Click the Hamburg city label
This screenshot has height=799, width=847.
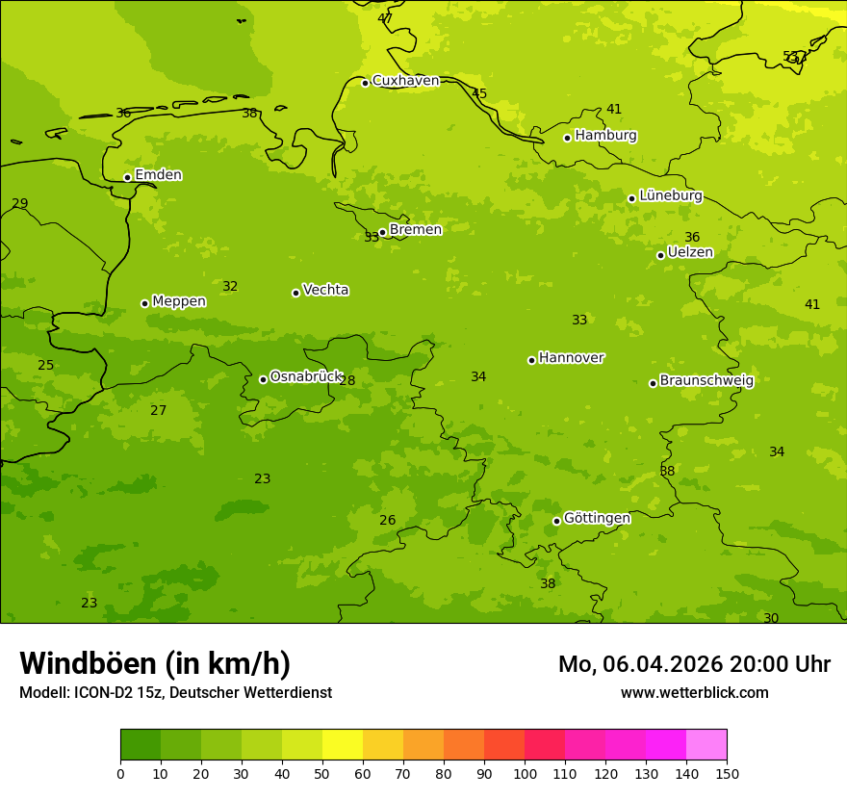pyautogui.click(x=605, y=136)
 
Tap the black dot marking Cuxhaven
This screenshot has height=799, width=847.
pyautogui.click(x=365, y=83)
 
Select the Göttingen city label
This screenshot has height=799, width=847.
pyautogui.click(x=597, y=519)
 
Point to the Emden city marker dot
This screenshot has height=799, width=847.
pyautogui.click(x=127, y=177)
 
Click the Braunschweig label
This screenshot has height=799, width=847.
pyautogui.click(x=706, y=381)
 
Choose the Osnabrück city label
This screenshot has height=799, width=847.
pyautogui.click(x=306, y=377)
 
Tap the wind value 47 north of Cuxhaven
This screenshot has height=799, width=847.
pyautogui.click(x=385, y=18)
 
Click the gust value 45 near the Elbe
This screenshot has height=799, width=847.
pyautogui.click(x=479, y=94)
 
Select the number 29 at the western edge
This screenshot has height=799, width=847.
pyautogui.click(x=20, y=204)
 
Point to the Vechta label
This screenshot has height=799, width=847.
pyautogui.click(x=325, y=291)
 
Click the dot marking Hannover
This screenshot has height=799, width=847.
pyautogui.click(x=531, y=360)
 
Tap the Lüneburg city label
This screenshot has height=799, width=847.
pyautogui.click(x=670, y=196)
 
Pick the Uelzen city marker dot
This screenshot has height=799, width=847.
pyautogui.click(x=660, y=255)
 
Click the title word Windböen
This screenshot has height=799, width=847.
pyautogui.click(x=88, y=663)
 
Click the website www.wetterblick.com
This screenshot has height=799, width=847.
pyautogui.click(x=694, y=693)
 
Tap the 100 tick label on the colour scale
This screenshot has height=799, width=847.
pyautogui.click(x=525, y=773)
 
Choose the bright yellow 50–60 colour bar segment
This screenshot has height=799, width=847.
pyautogui.click(x=343, y=745)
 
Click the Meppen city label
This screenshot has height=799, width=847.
pyautogui.click(x=179, y=302)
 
